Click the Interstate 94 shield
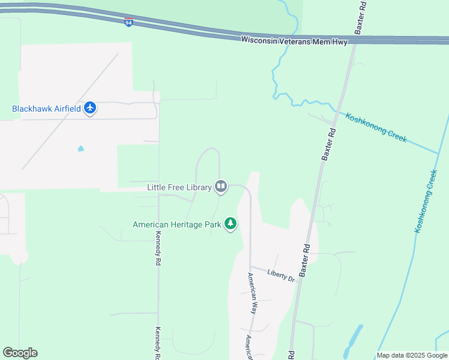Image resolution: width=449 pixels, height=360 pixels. click(x=129, y=22)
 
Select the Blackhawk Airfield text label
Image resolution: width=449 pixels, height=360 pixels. click(x=47, y=109)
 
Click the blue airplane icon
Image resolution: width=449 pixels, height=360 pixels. click(x=91, y=109)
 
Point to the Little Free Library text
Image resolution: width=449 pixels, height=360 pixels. click(x=179, y=187)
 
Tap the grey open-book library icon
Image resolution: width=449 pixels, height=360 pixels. click(x=221, y=187)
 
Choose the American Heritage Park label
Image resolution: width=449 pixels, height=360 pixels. click(x=177, y=225)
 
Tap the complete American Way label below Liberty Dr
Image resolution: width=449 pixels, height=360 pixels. click(x=253, y=293)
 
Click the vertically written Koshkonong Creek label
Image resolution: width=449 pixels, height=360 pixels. click(x=425, y=202)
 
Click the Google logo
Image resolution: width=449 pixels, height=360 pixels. click(x=20, y=352)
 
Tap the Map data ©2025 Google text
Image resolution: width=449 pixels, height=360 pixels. click(x=411, y=355)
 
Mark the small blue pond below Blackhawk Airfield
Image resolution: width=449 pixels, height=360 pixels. click(x=80, y=148)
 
